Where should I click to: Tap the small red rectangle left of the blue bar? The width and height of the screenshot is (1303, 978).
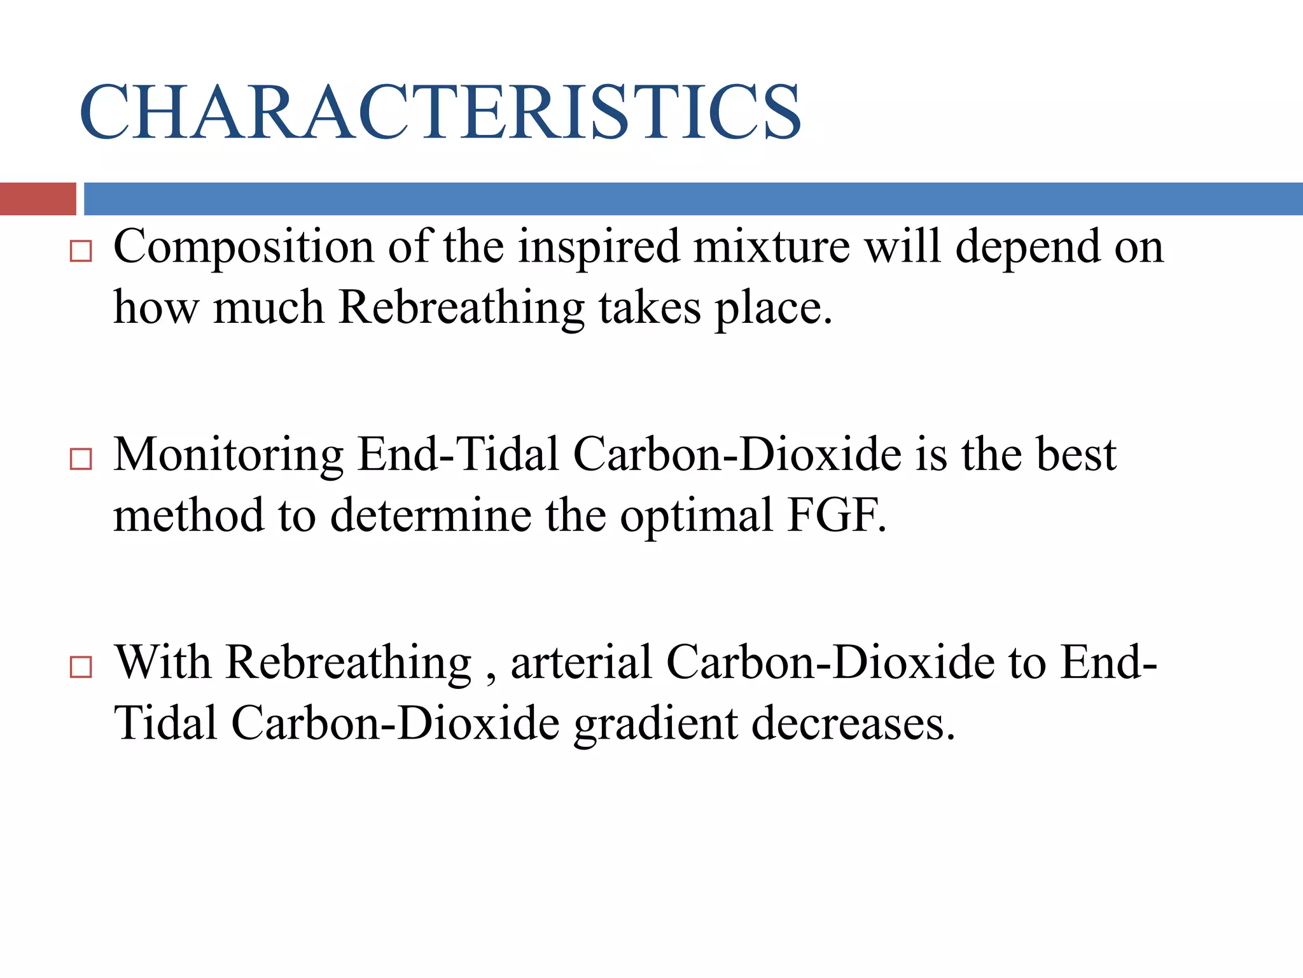(x=38, y=199)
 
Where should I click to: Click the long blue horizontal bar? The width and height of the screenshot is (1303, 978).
(x=693, y=199)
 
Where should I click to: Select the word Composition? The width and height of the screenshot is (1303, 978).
(x=244, y=247)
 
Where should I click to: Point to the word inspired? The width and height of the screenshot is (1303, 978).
(x=599, y=247)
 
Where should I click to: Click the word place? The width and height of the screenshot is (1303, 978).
(x=773, y=308)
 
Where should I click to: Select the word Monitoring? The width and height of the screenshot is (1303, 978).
(x=228, y=455)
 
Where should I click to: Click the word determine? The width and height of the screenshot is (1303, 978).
(x=431, y=516)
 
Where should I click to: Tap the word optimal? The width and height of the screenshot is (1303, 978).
(x=696, y=516)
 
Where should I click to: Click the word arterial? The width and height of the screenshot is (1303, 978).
(x=582, y=663)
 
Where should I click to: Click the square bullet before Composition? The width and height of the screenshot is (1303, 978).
(x=81, y=252)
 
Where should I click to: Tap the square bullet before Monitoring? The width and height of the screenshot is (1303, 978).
(x=81, y=459)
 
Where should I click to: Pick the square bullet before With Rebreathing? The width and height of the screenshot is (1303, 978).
(x=81, y=667)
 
